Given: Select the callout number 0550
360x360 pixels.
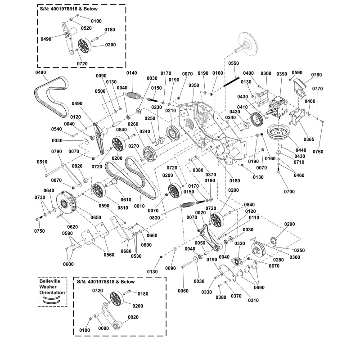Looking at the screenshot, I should (x=233, y=63).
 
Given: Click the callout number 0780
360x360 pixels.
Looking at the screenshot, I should (x=316, y=75).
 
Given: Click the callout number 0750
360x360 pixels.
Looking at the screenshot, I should (x=39, y=231).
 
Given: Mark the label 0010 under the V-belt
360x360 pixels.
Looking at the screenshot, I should (x=139, y=206).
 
